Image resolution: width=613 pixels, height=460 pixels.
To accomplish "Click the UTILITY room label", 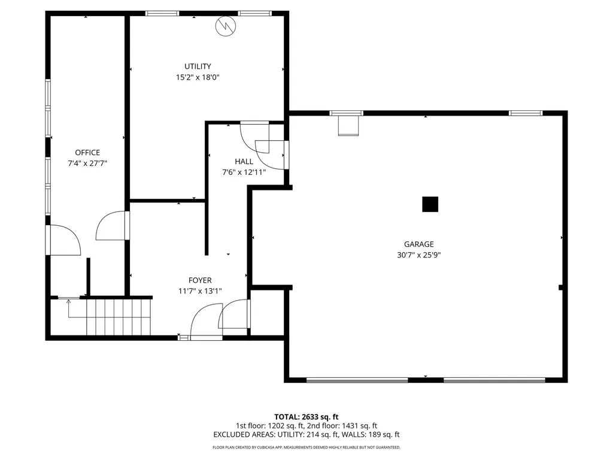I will (198, 66).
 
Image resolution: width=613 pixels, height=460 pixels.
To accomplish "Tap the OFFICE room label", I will (87, 153).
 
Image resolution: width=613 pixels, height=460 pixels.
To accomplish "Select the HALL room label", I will (244, 162).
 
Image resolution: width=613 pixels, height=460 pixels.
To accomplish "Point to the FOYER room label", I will (200, 280).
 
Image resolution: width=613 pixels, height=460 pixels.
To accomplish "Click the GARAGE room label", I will (418, 244).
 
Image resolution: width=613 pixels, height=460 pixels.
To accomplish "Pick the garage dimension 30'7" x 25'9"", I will (418, 255).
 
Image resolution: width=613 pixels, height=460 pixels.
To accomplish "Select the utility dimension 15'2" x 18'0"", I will (198, 77).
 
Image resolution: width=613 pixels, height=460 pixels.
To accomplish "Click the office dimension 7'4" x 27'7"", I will (87, 163).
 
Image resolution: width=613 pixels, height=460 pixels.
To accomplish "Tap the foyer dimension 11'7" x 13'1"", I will (200, 291).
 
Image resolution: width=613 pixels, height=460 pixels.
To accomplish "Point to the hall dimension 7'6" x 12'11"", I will (244, 172).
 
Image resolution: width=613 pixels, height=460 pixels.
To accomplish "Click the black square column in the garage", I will (430, 204).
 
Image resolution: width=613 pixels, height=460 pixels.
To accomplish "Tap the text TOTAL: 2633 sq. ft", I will (306, 416).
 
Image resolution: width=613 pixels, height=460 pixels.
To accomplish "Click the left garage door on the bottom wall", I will (357, 380).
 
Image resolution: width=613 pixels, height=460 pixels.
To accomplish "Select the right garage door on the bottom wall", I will (494, 380).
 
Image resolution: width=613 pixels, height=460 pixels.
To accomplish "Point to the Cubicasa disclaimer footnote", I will (306, 447).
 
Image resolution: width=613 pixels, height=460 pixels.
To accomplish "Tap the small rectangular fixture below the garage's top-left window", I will (347, 126).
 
